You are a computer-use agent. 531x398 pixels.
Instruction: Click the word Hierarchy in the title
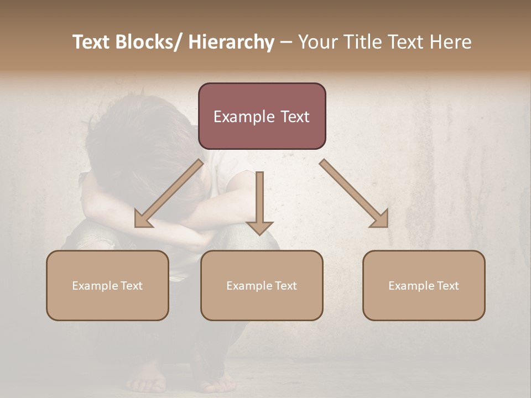(231, 43)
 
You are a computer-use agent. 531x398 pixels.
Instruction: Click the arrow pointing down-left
(169, 193)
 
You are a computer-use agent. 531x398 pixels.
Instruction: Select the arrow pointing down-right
(354, 193)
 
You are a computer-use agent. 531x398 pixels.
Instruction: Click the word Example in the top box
(244, 117)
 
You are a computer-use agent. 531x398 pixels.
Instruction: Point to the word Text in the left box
(131, 286)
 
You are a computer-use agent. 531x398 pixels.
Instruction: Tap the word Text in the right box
(447, 286)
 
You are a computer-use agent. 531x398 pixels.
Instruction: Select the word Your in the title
(316, 42)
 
